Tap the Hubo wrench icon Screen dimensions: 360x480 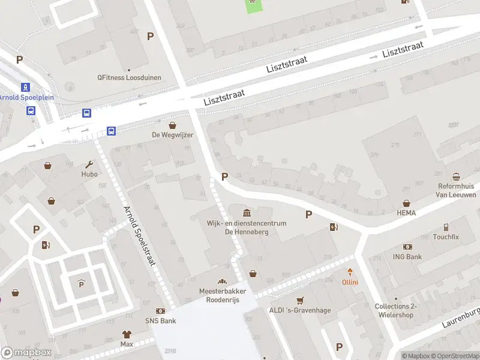click(89, 164)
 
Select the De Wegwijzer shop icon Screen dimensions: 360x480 click(173, 125)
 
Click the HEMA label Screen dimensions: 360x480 click(406, 213)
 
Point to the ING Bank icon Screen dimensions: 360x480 click(408, 247)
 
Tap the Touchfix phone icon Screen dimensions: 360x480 click(446, 227)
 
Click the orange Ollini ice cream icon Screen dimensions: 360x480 click(350, 272)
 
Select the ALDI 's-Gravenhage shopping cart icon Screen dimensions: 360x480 click(301, 300)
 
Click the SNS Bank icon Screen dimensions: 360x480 click(161, 311)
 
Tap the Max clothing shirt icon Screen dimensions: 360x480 click(127, 334)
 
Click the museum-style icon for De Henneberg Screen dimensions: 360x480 click(247, 212)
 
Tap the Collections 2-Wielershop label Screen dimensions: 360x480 click(395, 310)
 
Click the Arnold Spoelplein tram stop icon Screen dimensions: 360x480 click(25, 88)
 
